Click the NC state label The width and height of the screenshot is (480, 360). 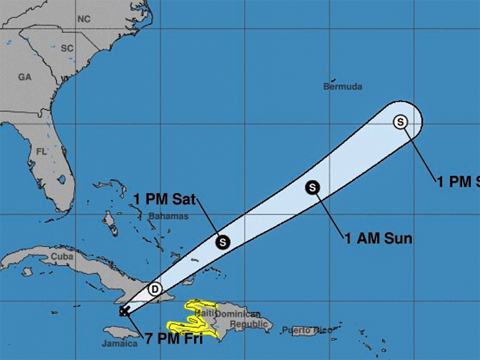click(x=83, y=19)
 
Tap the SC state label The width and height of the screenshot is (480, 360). click(x=67, y=47)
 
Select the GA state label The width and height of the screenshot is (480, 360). click(x=25, y=77)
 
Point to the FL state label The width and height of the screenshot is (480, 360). click(x=41, y=152)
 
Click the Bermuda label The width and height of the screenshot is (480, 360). click(x=343, y=86)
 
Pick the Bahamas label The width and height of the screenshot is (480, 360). click(x=168, y=216)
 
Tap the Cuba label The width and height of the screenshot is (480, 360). click(x=62, y=256)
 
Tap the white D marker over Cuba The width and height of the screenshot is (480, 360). click(x=155, y=289)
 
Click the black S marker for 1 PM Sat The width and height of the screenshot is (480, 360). click(x=223, y=242)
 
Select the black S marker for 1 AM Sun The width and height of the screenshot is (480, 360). click(x=313, y=187)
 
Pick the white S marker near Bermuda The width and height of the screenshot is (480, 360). click(x=400, y=122)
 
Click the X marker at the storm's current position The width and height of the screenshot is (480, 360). click(x=124, y=311)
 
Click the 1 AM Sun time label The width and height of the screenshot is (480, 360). click(x=378, y=238)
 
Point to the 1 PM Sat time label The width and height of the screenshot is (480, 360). click(x=164, y=200)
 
